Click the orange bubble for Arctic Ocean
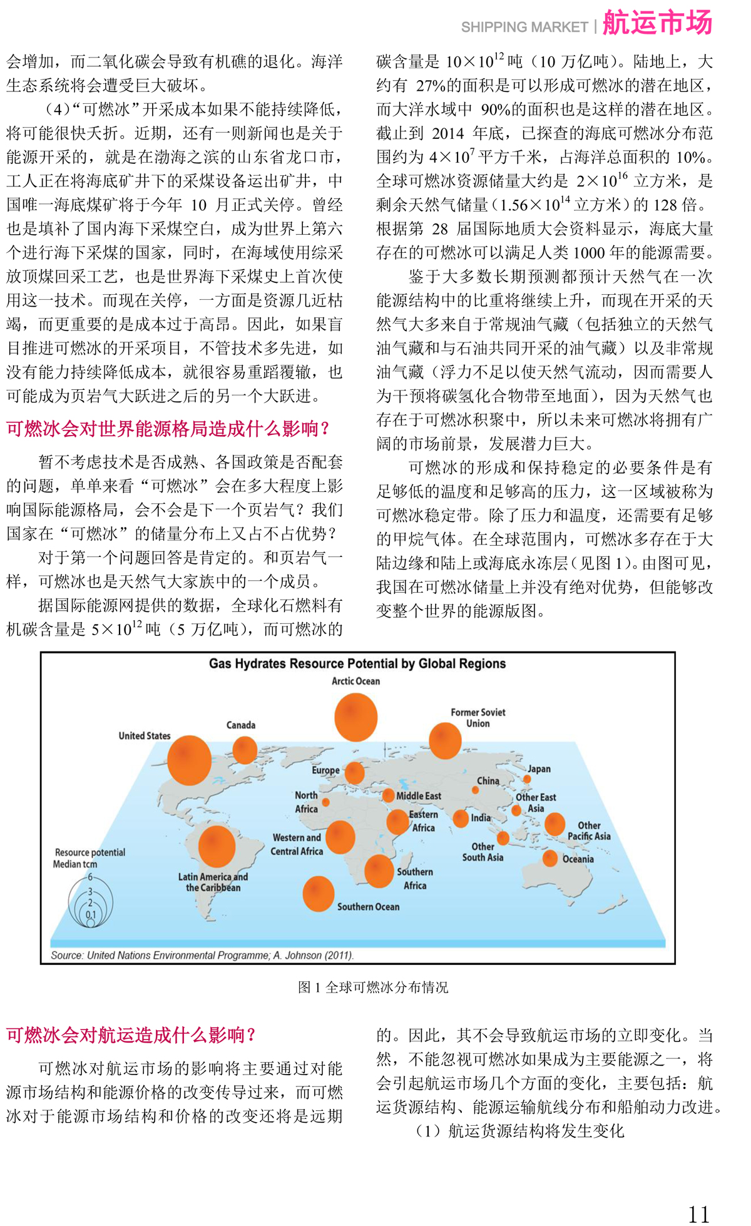pyautogui.click(x=355, y=718)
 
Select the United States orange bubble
pyautogui.click(x=189, y=760)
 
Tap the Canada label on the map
pyautogui.click(x=241, y=725)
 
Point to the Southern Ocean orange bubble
pyautogui.click(x=318, y=893)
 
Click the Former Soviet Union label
pyautogui.click(x=478, y=718)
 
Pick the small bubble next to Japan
pyautogui.click(x=527, y=779)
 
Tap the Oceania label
pyautogui.click(x=578, y=859)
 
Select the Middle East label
pyautogui.click(x=419, y=796)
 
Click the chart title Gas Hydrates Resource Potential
pyautogui.click(x=357, y=663)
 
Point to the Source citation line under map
pyautogui.click(x=202, y=956)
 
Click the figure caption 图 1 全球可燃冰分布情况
pyautogui.click(x=373, y=988)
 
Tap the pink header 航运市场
pyautogui.click(x=657, y=24)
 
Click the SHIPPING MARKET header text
pyautogui.click(x=524, y=28)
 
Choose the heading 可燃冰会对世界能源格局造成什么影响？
pyautogui.click(x=168, y=429)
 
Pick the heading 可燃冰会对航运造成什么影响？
pyautogui.click(x=131, y=1035)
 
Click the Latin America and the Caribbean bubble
pyautogui.click(x=217, y=846)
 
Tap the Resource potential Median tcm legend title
pyautogui.click(x=89, y=858)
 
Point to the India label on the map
pyautogui.click(x=481, y=818)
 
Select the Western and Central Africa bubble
pyautogui.click(x=340, y=837)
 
